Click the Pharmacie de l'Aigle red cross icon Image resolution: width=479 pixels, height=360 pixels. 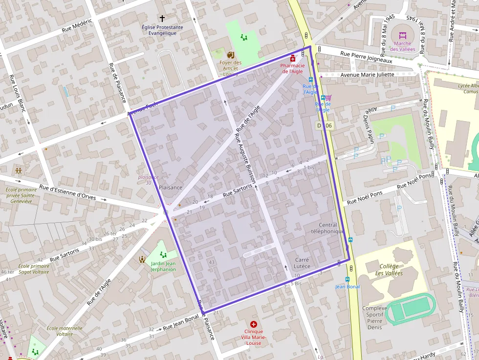point(293,58)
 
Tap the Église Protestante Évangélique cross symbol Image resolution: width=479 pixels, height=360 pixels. point(162,18)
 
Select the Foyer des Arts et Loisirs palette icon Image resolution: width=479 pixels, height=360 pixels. point(231,54)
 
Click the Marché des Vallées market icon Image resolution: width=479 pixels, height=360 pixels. point(403,35)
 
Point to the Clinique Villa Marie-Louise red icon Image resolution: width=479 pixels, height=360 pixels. point(254,324)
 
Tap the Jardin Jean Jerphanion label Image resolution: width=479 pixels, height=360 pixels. point(163,266)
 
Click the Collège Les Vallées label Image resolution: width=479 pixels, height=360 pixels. point(389,270)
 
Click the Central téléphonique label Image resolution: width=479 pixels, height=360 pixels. point(327,228)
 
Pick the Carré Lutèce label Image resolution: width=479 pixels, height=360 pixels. point(302,263)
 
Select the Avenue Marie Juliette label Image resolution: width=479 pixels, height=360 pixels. point(367,75)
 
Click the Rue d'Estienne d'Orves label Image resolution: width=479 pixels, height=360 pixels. point(67,192)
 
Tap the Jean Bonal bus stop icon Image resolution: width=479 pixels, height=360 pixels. point(348,279)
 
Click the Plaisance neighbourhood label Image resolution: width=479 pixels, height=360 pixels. point(171,187)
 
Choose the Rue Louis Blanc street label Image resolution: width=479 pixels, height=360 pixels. point(17,94)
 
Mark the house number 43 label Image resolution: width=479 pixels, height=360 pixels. point(212,262)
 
